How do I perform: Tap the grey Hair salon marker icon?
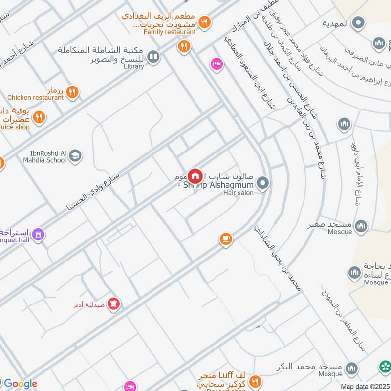pos(263,184)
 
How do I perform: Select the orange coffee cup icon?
pos(225,239)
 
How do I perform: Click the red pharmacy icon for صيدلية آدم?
pos(114,304)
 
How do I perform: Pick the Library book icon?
pos(153,58)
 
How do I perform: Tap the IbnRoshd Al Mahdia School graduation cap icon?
pos(75,156)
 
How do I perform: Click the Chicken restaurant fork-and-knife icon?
pos(72,91)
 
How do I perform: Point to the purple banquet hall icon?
pos(38,235)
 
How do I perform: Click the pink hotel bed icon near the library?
pos(216,64)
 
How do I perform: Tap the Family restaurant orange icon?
pos(205,22)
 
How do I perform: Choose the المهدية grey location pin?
pos(358,22)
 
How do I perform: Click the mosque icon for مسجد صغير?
pos(361,225)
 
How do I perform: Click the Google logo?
pos(20,384)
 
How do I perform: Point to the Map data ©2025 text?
pos(365,386)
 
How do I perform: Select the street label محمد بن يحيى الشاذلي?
pos(276,259)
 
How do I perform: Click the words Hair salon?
pos(238,193)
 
